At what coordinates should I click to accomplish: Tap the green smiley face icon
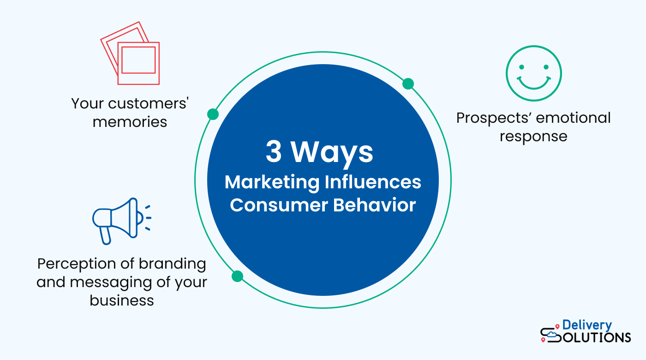click(x=533, y=73)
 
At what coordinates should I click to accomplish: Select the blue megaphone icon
click(x=119, y=220)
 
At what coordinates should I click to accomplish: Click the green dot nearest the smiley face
click(x=408, y=84)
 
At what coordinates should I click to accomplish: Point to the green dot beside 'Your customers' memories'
click(x=213, y=114)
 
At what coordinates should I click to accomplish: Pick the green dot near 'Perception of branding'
click(x=237, y=276)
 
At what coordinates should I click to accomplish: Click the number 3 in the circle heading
click(x=274, y=152)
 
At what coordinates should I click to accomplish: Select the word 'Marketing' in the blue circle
click(x=272, y=182)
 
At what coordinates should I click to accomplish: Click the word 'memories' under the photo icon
click(x=130, y=122)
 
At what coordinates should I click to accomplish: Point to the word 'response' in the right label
click(x=533, y=136)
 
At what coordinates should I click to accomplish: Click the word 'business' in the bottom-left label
click(x=122, y=300)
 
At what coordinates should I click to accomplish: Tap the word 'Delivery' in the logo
click(x=587, y=325)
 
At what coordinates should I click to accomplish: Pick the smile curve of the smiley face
click(x=533, y=83)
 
